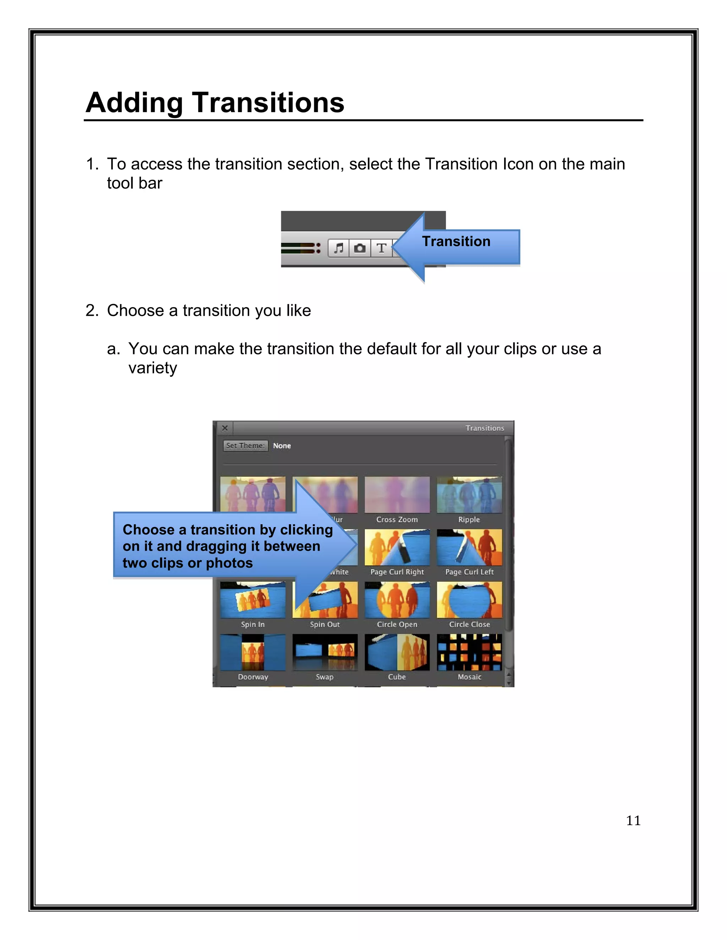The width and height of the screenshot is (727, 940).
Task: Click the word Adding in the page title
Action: pyautogui.click(x=135, y=103)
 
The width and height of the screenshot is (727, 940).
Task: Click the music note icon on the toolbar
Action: pyautogui.click(x=339, y=248)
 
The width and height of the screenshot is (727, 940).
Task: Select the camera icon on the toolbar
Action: pyautogui.click(x=360, y=248)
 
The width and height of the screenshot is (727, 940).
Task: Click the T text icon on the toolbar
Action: pyautogui.click(x=381, y=248)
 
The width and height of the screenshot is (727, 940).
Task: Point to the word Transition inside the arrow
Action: pyautogui.click(x=456, y=242)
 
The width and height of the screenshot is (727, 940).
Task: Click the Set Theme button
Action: pyautogui.click(x=245, y=446)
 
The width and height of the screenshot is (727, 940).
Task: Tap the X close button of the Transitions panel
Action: pyautogui.click(x=225, y=428)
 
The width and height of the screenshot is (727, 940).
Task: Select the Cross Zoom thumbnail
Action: pyautogui.click(x=397, y=494)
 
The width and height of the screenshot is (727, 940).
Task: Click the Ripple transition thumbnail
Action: pyautogui.click(x=469, y=494)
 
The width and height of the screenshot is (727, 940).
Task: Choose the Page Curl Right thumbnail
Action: pyautogui.click(x=397, y=547)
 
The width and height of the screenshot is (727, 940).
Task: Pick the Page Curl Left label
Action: pyautogui.click(x=469, y=572)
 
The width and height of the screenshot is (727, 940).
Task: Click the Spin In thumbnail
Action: pyautogui.click(x=253, y=600)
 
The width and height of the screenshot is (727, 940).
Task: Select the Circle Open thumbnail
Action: pyautogui.click(x=397, y=600)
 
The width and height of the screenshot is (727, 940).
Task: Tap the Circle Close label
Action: pyautogui.click(x=469, y=625)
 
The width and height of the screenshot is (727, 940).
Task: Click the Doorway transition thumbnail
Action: pyautogui.click(x=253, y=652)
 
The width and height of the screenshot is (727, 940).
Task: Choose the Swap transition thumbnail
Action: pyautogui.click(x=325, y=652)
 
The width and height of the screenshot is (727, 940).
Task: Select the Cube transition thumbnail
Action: pyautogui.click(x=397, y=652)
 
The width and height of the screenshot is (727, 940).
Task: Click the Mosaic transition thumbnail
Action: pyautogui.click(x=469, y=652)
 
